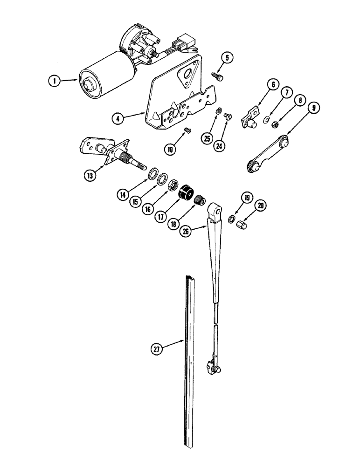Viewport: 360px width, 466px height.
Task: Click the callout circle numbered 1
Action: pyautogui.click(x=55, y=81)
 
